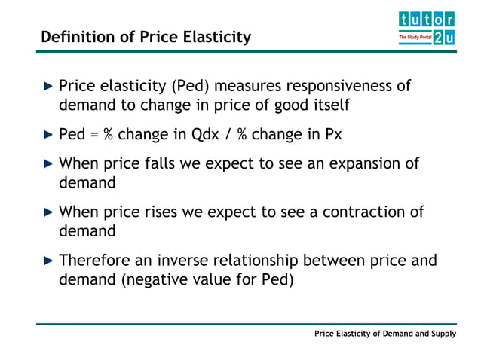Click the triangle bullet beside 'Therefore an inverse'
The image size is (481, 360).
(48, 261)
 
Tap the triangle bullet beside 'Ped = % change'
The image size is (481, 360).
(48, 135)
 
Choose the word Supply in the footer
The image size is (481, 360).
(443, 334)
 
